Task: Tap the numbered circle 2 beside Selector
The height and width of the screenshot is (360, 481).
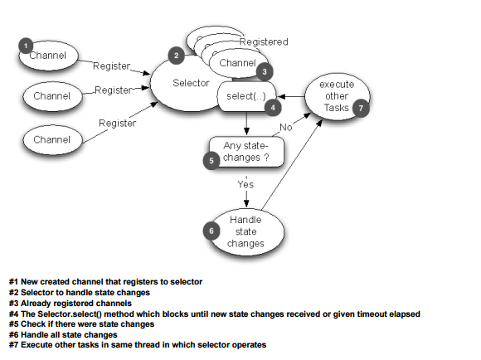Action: (x=175, y=56)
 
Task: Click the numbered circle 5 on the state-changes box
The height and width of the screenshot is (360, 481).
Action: (x=212, y=161)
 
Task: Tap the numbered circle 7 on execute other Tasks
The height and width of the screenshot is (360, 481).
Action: (x=359, y=109)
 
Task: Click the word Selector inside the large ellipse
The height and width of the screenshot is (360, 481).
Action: (x=191, y=83)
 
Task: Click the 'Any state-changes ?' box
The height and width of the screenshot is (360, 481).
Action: (x=246, y=151)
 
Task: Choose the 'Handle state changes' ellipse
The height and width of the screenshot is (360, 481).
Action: (x=245, y=231)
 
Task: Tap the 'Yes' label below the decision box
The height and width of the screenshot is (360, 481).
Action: (x=245, y=184)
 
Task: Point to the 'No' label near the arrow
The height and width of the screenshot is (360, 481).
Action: (x=285, y=128)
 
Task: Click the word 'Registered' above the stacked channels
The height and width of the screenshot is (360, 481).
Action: (x=263, y=41)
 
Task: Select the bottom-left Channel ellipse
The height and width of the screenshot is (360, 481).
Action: (x=51, y=139)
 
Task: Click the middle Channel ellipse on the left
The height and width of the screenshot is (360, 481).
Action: (x=51, y=96)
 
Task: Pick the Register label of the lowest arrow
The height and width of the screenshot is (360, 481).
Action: (x=117, y=123)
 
